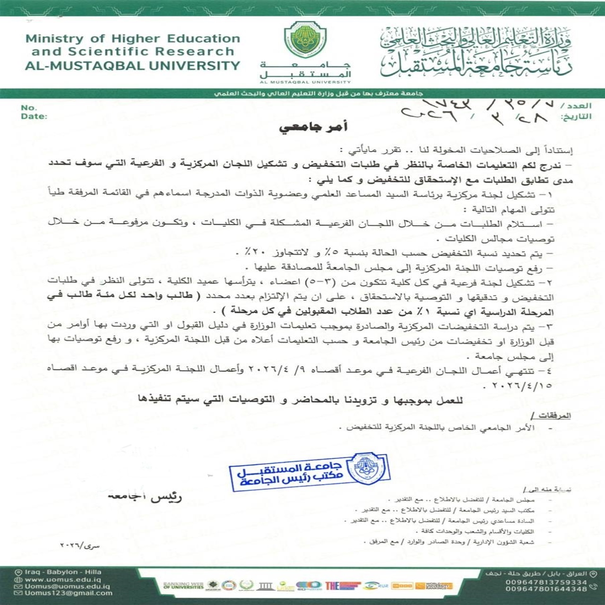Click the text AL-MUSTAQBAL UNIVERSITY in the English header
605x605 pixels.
pyautogui.click(x=132, y=66)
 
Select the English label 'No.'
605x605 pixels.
pyautogui.click(x=28, y=108)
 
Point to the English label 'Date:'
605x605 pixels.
pyautogui.click(x=34, y=116)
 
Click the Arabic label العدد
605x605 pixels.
pyautogui.click(x=576, y=106)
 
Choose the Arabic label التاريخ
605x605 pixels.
pyautogui.click(x=576, y=116)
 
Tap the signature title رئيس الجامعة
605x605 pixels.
pyautogui.click(x=145, y=498)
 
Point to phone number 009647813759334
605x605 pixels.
pyautogui.click(x=546, y=582)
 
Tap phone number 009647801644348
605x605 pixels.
pyautogui.click(x=546, y=589)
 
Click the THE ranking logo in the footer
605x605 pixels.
pyautogui.click(x=332, y=586)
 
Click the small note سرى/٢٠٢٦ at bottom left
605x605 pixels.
pyautogui.click(x=80, y=545)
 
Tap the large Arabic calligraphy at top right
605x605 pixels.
pyautogui.click(x=475, y=52)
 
